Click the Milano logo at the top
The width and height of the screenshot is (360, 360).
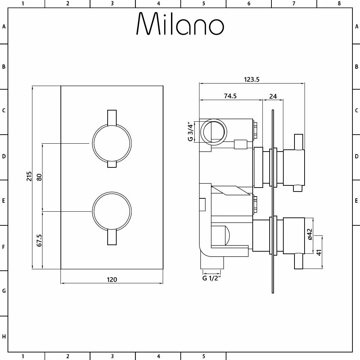[180, 24]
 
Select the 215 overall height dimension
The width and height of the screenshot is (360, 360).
[29, 177]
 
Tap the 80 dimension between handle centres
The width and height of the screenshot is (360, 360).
[39, 177]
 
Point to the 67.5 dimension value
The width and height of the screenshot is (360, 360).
[39, 240]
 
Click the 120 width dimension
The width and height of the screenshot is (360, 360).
[112, 279]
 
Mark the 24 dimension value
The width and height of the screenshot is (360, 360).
[273, 96]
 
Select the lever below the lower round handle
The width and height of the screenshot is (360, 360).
[112, 238]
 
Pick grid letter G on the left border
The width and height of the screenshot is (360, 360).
[4, 291]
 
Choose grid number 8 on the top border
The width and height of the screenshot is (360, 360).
[339, 4]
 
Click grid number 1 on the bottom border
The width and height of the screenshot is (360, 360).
[22, 356]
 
